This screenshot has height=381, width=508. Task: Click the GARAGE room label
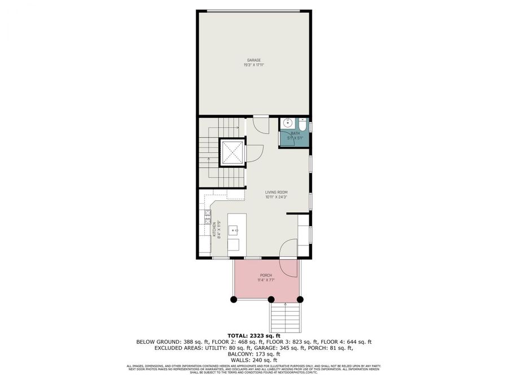pyautogui.click(x=253, y=60)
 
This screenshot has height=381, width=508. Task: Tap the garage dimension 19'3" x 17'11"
pyautogui.click(x=253, y=65)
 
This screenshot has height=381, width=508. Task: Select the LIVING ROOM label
pyautogui.click(x=277, y=192)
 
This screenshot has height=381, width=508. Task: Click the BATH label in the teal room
pyautogui.click(x=295, y=133)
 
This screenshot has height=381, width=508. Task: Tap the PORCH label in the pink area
pyautogui.click(x=266, y=275)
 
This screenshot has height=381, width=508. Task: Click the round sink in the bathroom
pyautogui.click(x=288, y=122)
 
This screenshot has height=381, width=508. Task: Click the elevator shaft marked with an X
pyautogui.click(x=231, y=152)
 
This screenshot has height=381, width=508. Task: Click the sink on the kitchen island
pyautogui.click(x=233, y=230)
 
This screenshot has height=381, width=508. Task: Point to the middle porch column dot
pyautogui.click(x=271, y=299)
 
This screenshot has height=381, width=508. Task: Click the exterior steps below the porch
pyautogui.click(x=287, y=317)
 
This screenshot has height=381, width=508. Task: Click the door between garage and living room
pyautogui.click(x=261, y=124)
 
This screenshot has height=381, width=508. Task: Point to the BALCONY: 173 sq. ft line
pyautogui.click(x=253, y=354)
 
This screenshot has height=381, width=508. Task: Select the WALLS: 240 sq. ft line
pyautogui.click(x=253, y=360)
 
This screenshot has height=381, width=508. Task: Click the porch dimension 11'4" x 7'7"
pyautogui.click(x=266, y=281)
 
